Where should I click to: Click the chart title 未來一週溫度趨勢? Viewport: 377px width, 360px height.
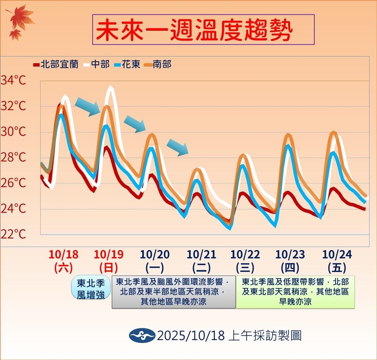pos(203,30)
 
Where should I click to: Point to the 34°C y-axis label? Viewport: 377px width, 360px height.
pos(14,81)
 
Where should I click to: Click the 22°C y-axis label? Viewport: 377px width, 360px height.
pos(14,234)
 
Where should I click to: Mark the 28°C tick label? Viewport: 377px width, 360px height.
pos(14,157)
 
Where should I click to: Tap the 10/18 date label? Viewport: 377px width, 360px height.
pos(63,254)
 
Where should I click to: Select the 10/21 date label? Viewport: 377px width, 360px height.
pos(201,254)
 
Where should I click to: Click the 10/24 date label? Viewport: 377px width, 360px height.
pos(337,254)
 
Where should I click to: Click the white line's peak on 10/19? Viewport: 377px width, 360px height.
pos(110,88)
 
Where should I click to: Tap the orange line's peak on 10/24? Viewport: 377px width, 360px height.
pos(334,132)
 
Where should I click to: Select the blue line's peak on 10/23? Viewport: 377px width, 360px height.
pos(288,146)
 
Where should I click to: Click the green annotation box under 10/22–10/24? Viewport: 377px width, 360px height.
pos(295,292)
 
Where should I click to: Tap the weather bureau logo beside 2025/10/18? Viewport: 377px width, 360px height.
pos(141,335)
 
